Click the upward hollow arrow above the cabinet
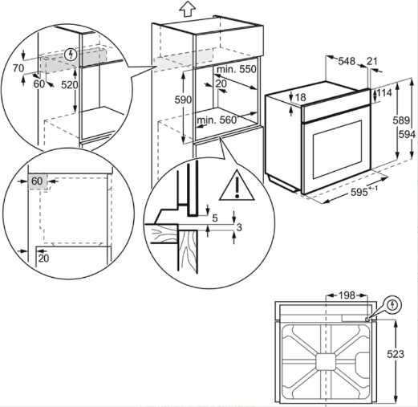pyautogui.click(x=187, y=10)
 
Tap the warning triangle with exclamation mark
pyautogui.click(x=237, y=185)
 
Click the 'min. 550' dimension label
pyautogui.click(x=237, y=69)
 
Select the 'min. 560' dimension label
pyautogui.click(x=217, y=120)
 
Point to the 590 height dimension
pyautogui.click(x=183, y=100)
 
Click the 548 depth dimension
pyautogui.click(x=347, y=61)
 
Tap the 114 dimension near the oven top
pyautogui.click(x=384, y=93)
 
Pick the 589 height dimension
pyautogui.click(x=401, y=120)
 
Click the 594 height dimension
pyautogui.click(x=407, y=135)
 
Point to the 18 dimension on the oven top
pyautogui.click(x=301, y=97)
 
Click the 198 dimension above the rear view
pyautogui.click(x=347, y=295)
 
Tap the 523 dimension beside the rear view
pyautogui.click(x=396, y=354)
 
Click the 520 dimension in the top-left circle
pyautogui.click(x=70, y=85)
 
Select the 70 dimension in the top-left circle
pyautogui.click(x=18, y=68)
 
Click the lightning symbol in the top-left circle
pyautogui.click(x=71, y=55)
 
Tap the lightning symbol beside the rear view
pyautogui.click(x=392, y=305)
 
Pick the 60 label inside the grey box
pyautogui.click(x=37, y=181)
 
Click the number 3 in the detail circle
pyautogui.click(x=239, y=227)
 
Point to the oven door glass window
pyautogui.click(x=338, y=150)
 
